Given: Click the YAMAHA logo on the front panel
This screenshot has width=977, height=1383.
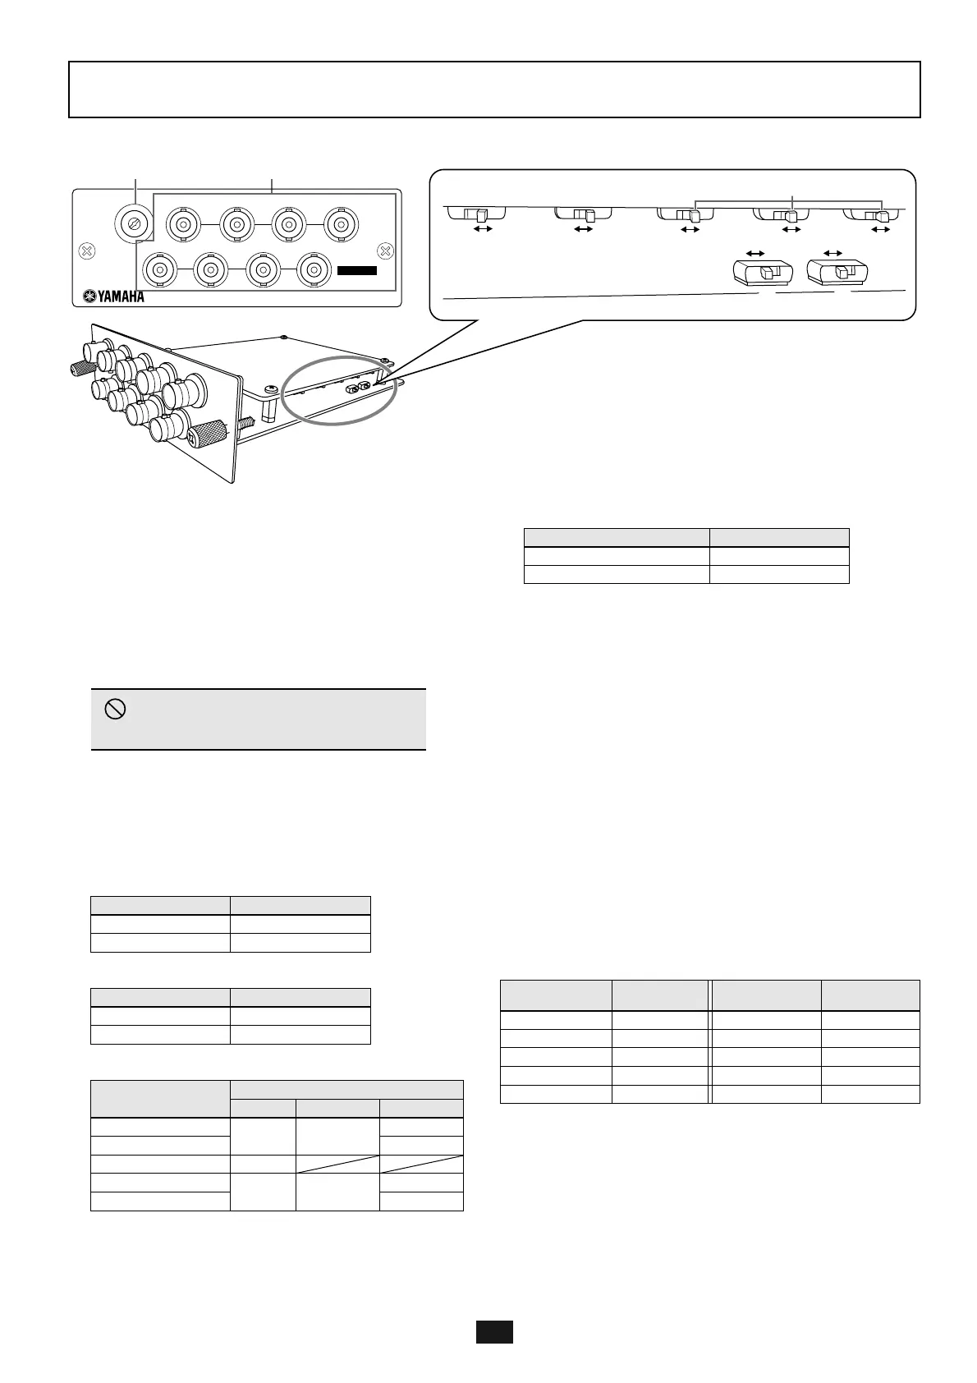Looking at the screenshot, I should (112, 296).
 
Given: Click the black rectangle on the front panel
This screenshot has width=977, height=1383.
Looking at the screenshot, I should (357, 270).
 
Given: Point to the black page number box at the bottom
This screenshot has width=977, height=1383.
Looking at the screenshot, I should (494, 1331).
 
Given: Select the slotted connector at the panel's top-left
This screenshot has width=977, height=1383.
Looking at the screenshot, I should (133, 222).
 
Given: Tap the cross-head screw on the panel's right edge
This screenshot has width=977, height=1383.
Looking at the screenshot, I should (383, 250).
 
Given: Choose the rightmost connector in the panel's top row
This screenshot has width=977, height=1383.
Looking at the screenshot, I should (339, 223).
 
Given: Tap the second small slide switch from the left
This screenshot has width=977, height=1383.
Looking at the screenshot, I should (585, 214).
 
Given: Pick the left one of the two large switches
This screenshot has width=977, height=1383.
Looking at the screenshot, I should (763, 273).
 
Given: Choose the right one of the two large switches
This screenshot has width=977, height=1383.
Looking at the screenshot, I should (838, 272).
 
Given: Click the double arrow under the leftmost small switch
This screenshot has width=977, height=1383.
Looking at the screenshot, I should (483, 229).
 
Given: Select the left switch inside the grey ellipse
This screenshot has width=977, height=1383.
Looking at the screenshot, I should (350, 387).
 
